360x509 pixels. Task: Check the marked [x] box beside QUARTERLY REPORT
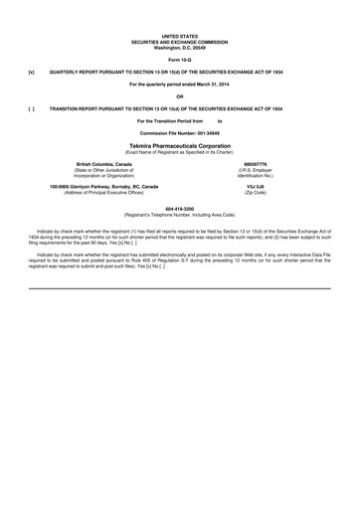point(31,74)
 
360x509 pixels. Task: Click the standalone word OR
point(179,96)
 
